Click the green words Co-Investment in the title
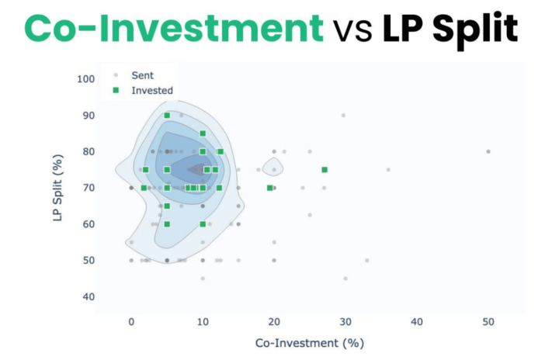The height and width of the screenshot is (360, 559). [173, 29]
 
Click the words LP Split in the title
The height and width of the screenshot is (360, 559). [450, 29]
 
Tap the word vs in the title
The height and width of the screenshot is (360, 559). [353, 30]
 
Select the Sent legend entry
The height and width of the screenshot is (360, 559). [143, 75]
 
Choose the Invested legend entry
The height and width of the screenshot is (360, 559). [151, 90]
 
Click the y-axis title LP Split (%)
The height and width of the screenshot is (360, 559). [57, 187]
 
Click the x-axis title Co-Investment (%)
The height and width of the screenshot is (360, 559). [310, 342]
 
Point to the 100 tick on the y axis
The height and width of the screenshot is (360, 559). [86, 79]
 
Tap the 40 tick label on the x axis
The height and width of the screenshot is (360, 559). [417, 320]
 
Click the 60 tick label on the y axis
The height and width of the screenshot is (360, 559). [89, 224]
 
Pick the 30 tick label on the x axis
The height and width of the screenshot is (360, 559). [345, 320]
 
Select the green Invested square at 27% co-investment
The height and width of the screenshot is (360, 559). [325, 170]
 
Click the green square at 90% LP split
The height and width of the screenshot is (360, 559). [167, 116]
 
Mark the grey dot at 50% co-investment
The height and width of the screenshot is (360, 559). [488, 151]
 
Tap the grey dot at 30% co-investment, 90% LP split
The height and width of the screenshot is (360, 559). [343, 116]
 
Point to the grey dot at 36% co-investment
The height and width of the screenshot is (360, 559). [388, 169]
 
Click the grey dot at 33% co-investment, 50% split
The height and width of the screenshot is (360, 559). [367, 260]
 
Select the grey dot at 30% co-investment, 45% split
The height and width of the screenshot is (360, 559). [345, 278]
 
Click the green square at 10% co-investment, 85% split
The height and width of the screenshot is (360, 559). [203, 133]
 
